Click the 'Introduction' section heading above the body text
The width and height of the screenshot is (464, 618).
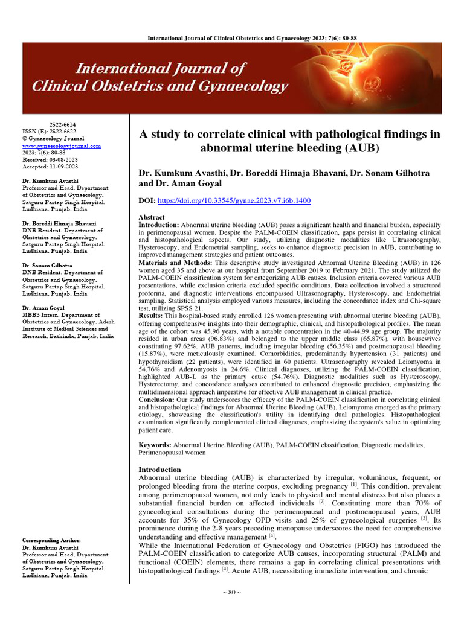click(159, 469)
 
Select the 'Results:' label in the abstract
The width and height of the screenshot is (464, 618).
click(151, 316)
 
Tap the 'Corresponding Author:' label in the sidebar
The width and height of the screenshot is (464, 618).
click(51, 540)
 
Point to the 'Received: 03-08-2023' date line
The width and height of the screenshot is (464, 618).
click(51, 159)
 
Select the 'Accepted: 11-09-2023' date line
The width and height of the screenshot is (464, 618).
click(51, 167)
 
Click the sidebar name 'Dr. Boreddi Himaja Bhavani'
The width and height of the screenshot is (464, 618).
click(59, 223)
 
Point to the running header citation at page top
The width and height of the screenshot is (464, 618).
click(253, 38)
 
